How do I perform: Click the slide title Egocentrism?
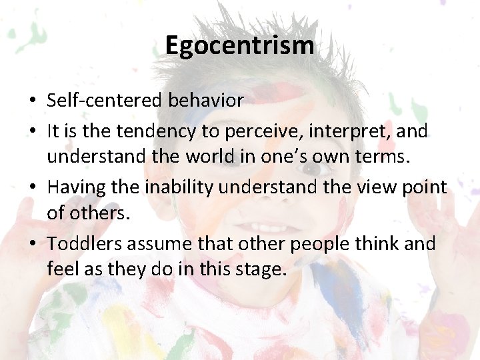239,45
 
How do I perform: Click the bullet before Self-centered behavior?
33,101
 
